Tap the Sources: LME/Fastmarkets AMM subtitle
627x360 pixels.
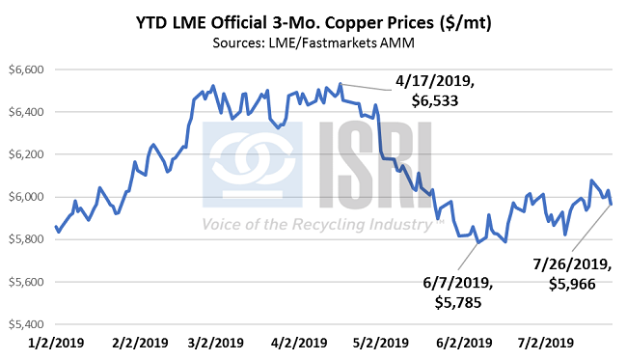click(314, 44)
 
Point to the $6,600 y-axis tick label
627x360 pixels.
click(27, 70)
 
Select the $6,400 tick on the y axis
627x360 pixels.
click(27, 112)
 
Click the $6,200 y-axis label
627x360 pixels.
click(27, 154)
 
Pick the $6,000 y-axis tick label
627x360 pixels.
click(27, 197)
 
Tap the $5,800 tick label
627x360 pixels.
click(27, 239)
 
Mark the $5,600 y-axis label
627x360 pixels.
click(27, 282)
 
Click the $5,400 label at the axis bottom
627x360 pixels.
click(27, 324)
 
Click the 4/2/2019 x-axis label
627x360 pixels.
click(298, 344)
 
